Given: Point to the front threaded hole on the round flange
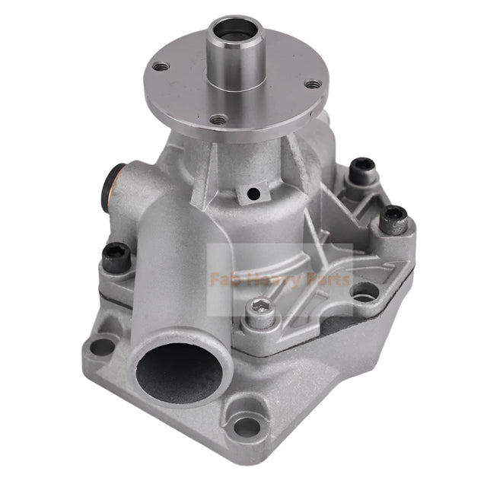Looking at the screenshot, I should coord(218,119).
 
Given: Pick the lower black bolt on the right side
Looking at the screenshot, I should coord(394,217).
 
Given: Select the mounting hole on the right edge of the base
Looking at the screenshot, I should coord(365,291).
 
